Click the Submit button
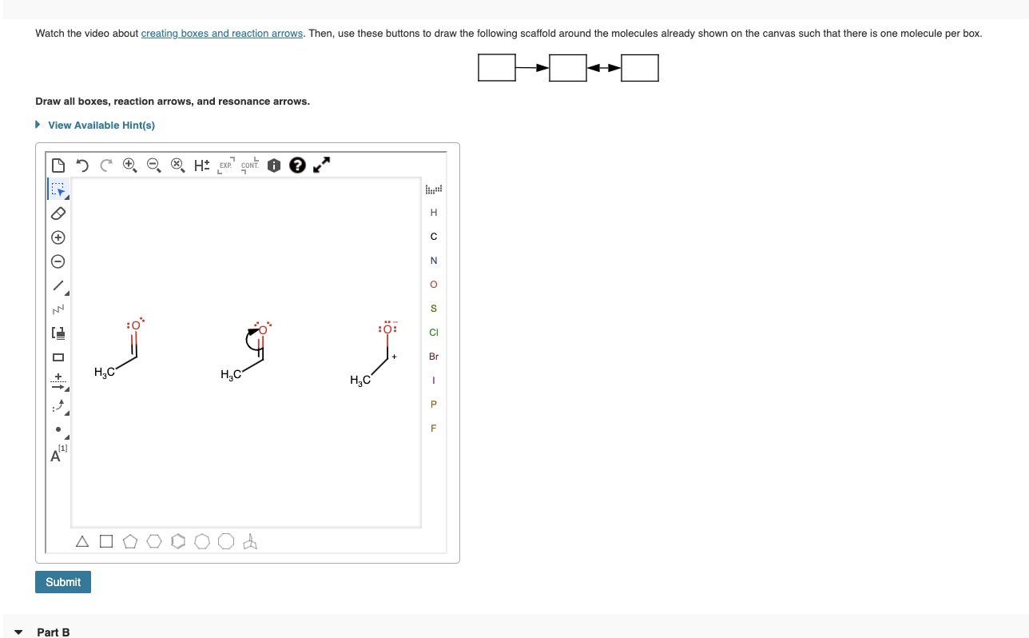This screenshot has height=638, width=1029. pyautogui.click(x=63, y=582)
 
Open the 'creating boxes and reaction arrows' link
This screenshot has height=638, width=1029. pyautogui.click(x=222, y=34)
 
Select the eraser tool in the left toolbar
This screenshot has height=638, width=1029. pyautogui.click(x=58, y=214)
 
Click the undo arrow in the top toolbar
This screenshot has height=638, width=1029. pyautogui.click(x=81, y=165)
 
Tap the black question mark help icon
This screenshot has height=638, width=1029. pyautogui.click(x=296, y=165)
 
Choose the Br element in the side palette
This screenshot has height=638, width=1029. pyautogui.click(x=434, y=357)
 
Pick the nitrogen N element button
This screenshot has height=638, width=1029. pyautogui.click(x=434, y=261)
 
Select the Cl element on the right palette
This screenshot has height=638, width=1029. pyautogui.click(x=434, y=333)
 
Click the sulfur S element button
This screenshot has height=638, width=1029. pyautogui.click(x=434, y=309)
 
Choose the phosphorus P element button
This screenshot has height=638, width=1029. pyautogui.click(x=434, y=405)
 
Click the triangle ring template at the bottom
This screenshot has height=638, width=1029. pyautogui.click(x=82, y=542)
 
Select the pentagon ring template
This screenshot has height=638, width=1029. pyautogui.click(x=130, y=542)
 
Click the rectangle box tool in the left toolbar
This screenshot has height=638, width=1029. pyautogui.click(x=58, y=357)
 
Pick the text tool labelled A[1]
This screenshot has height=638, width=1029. pyautogui.click(x=58, y=455)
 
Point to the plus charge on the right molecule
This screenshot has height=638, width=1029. pyautogui.click(x=395, y=357)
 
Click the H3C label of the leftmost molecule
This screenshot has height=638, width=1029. pyautogui.click(x=104, y=372)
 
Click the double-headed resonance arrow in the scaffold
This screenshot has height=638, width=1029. pyautogui.click(x=604, y=68)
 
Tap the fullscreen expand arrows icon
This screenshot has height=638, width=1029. pyautogui.click(x=321, y=165)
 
